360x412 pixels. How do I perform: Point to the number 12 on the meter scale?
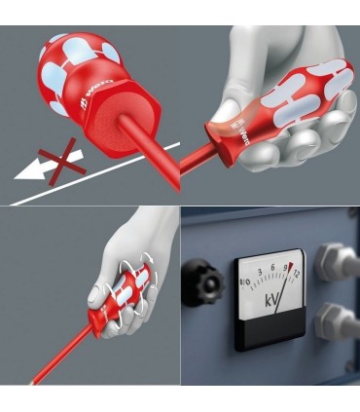[296, 275]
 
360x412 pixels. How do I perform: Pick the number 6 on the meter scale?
[272, 265]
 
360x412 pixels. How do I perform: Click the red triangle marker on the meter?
[288, 266]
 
